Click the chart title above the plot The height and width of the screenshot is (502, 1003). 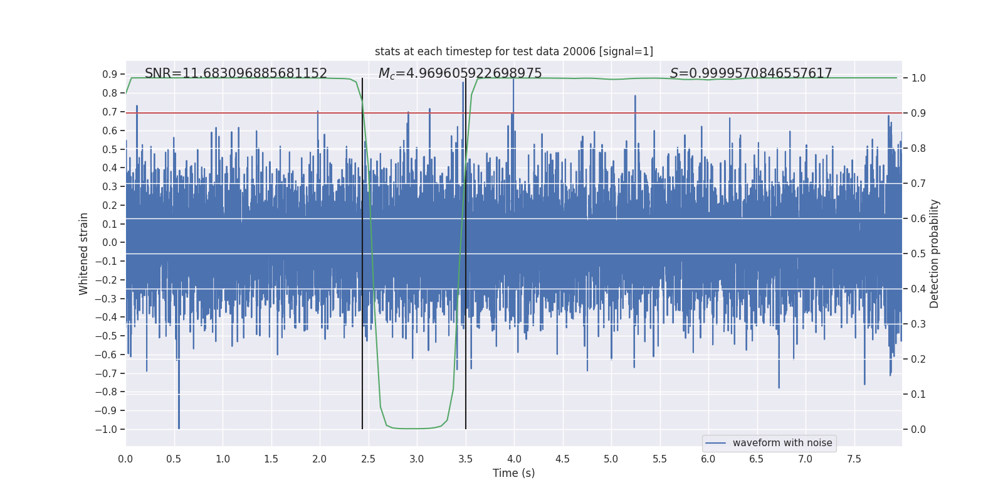coord(513,51)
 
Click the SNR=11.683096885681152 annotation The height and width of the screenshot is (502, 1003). coord(236,73)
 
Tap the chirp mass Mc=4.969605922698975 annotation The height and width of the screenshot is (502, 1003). coord(460,73)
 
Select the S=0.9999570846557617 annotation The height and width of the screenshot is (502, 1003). coord(751,73)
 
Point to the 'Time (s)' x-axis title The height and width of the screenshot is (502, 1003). coord(513,473)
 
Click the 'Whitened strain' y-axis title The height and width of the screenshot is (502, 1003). coord(84,254)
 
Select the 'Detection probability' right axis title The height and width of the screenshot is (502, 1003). coord(935,254)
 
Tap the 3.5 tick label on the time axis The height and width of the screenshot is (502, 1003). coord(465,459)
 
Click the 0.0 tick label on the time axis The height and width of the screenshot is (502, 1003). coord(125,459)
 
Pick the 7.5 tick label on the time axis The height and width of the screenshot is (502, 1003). coord(854,459)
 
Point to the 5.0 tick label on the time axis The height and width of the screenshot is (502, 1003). coord(611,459)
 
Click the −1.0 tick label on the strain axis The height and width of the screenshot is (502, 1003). coord(106,429)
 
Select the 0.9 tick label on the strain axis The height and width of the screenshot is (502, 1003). coord(110,74)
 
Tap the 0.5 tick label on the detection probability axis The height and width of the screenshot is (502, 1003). coord(918,254)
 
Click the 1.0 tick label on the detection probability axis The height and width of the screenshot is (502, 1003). coord(918,78)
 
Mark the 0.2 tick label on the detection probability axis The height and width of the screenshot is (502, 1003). coord(918,359)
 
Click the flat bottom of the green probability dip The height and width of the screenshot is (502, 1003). coord(414,429)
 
